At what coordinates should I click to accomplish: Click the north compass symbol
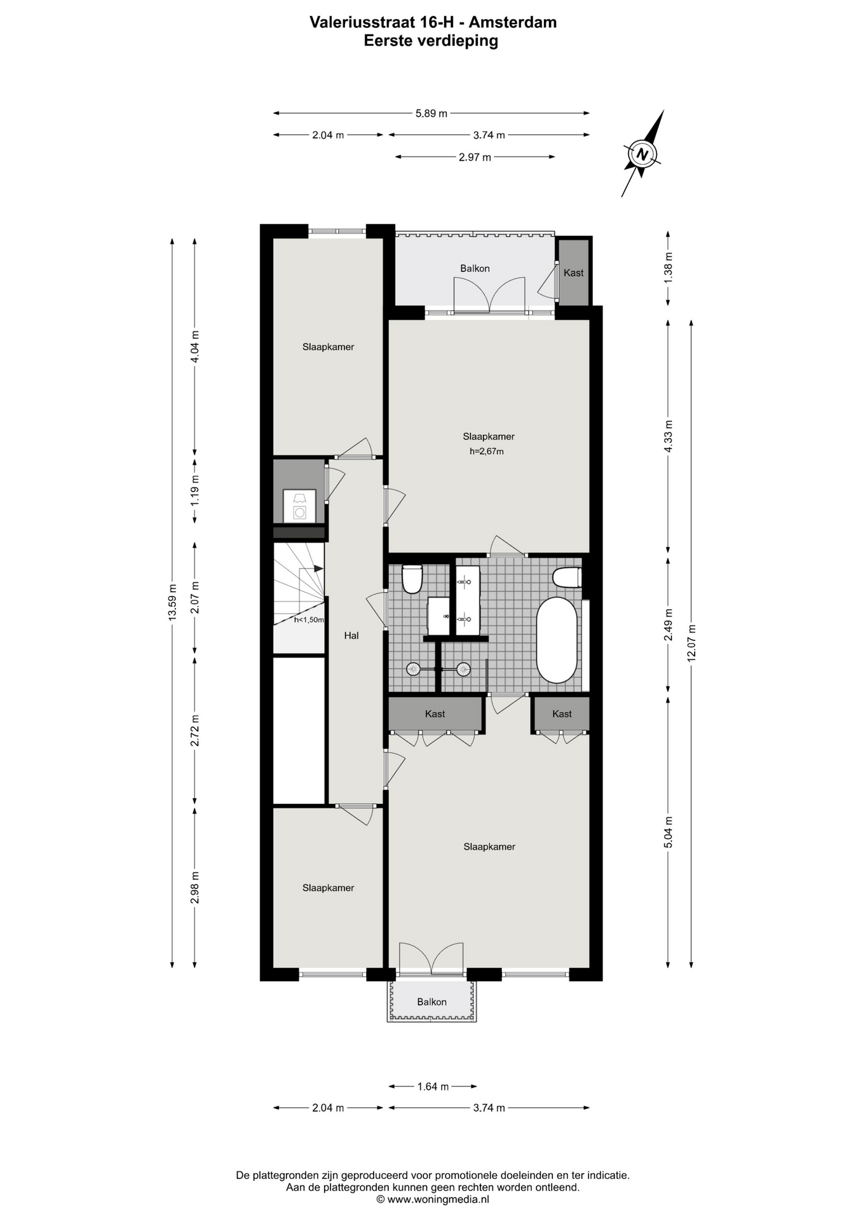643,153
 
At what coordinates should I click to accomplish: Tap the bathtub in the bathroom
557,640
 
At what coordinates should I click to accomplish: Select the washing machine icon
299,506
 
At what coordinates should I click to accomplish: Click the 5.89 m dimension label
431,113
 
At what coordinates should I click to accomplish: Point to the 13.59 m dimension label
172,601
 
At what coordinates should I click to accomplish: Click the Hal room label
351,635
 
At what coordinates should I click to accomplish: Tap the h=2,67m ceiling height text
487,452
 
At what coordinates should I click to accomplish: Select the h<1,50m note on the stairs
309,619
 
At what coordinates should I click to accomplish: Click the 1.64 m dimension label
433,1086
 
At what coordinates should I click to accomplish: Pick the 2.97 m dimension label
475,157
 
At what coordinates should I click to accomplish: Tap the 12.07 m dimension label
691,642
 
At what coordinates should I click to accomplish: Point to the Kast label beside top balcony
573,273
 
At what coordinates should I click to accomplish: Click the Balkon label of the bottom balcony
431,1002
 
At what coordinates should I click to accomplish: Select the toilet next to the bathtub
567,577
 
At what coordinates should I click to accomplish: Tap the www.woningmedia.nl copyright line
433,1199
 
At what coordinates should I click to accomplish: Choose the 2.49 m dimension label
668,626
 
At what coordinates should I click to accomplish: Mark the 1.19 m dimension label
195,491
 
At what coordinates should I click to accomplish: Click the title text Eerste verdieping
431,41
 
